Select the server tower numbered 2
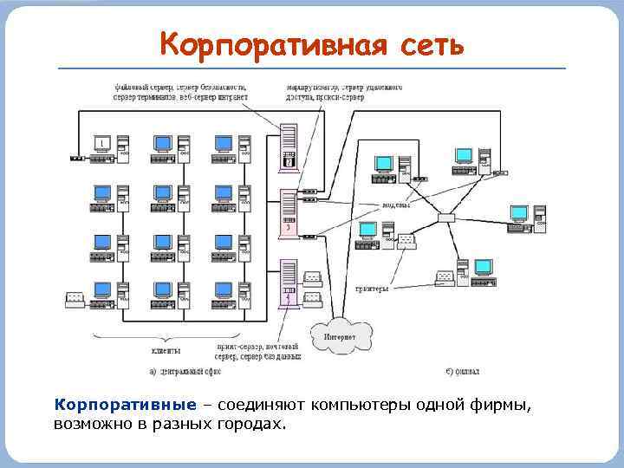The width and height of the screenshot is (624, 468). pyautogui.click(x=289, y=147)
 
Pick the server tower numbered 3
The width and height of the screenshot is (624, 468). pyautogui.click(x=289, y=212)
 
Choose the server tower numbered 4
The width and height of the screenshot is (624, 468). pyautogui.click(x=289, y=282)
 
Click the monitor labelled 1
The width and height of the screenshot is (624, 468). pyautogui.click(x=102, y=143)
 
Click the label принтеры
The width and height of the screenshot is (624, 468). pyautogui.click(x=373, y=289)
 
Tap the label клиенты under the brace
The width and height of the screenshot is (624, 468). pyautogui.click(x=166, y=350)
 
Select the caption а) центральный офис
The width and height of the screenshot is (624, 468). pyautogui.click(x=185, y=371)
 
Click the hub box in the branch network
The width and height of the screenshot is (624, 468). pyautogui.click(x=446, y=218)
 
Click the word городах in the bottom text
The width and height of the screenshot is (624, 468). pyautogui.click(x=250, y=425)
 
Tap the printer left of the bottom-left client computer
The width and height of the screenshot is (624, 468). pyautogui.click(x=75, y=300)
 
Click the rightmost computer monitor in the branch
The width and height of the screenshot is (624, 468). pyautogui.click(x=518, y=212)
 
